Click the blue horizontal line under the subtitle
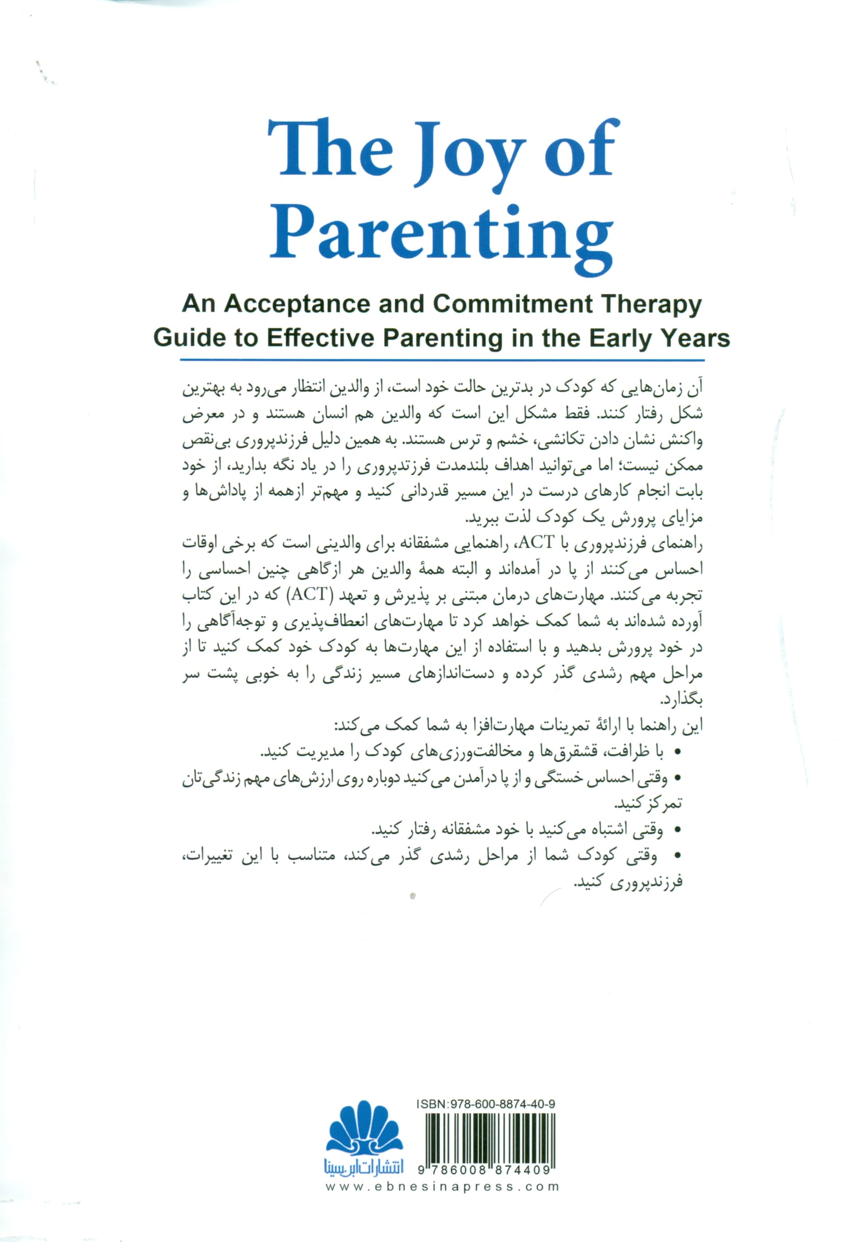tap(442, 359)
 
